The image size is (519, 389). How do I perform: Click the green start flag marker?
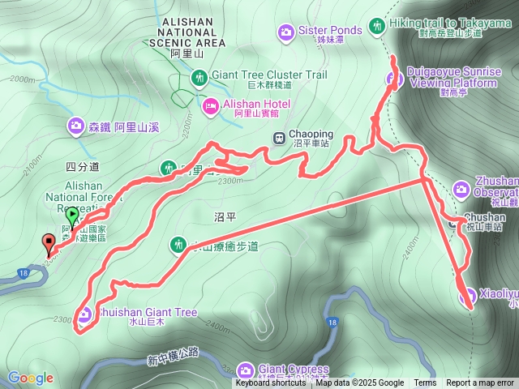72,216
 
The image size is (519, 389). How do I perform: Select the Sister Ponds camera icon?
285,32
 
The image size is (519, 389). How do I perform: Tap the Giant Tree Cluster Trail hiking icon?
199,78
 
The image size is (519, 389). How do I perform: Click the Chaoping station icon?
278,137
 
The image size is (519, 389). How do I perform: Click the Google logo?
30,378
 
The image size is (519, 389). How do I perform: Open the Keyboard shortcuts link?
272,383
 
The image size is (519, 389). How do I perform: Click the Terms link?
425,383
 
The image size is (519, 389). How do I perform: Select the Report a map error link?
479,383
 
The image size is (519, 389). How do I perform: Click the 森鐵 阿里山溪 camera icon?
75,126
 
